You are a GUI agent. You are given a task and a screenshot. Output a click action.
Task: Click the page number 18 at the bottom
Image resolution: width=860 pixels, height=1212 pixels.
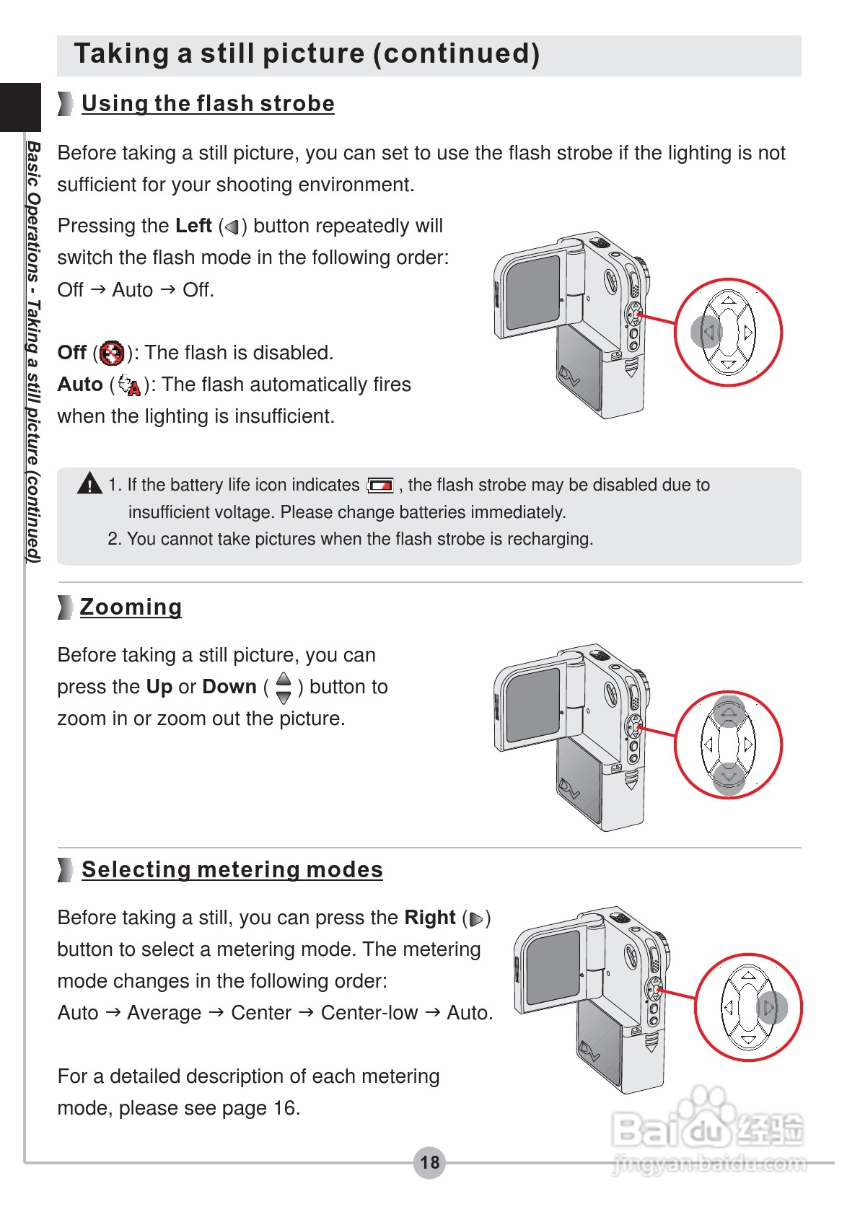[x=429, y=1162]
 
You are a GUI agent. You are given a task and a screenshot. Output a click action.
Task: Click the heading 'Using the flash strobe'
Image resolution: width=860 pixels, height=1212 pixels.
[x=208, y=104]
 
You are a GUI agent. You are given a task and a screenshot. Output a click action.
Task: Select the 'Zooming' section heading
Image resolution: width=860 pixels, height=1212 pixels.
[x=131, y=607]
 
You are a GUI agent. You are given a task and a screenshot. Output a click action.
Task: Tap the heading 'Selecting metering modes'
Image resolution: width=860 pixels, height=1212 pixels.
[x=232, y=870]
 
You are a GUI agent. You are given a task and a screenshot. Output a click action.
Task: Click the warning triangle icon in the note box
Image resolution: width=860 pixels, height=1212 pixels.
[x=89, y=483]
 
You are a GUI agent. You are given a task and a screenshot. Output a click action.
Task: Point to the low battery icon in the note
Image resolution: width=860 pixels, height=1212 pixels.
[x=380, y=486]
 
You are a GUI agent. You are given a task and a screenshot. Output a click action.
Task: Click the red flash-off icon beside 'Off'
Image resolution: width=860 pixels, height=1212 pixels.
[x=112, y=353]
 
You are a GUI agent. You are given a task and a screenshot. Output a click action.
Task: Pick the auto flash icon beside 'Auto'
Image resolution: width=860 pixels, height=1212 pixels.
[x=130, y=385]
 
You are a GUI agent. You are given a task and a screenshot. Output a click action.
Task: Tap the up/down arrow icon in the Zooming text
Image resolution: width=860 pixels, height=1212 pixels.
[x=284, y=688]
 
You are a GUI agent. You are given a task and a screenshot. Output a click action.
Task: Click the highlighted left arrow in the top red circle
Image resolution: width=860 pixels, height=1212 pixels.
[x=708, y=332]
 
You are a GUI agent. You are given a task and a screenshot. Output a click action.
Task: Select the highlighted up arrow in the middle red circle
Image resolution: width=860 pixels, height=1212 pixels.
[x=729, y=713]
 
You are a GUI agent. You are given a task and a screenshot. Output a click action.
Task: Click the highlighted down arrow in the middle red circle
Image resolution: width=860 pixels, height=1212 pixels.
[x=729, y=778]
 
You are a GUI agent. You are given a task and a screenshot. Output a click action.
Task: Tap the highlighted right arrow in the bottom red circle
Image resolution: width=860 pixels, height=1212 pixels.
[x=771, y=1007]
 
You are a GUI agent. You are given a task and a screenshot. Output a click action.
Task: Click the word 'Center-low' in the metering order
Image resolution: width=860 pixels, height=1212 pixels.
[x=369, y=1013]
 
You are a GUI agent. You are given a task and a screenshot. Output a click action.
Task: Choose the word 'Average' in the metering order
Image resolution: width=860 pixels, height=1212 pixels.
[x=164, y=1013]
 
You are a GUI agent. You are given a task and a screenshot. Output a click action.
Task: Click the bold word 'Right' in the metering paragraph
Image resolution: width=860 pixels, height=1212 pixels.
[x=430, y=918]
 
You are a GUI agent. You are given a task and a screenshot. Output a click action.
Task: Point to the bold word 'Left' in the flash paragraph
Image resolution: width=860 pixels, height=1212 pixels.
[x=193, y=226]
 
